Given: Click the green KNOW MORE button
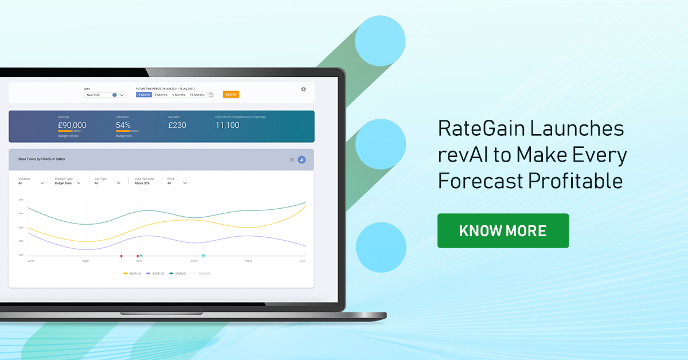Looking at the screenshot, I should (503, 230).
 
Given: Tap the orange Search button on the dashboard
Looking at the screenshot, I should (230, 95).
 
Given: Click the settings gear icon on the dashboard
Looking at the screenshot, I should (303, 89).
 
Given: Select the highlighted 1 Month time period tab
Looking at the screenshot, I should (143, 95).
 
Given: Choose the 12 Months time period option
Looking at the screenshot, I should (197, 95).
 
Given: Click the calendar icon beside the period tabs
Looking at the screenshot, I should (211, 95).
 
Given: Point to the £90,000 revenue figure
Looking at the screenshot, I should (72, 125).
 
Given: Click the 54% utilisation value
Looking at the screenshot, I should (123, 125).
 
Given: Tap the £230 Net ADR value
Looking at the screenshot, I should (177, 125).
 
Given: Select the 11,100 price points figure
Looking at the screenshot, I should (227, 125).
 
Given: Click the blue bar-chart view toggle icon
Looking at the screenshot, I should (302, 159).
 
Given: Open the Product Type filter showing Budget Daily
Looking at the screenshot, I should (68, 183).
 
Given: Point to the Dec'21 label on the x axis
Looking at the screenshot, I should (194, 261).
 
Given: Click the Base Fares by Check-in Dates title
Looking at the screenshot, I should (41, 159).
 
